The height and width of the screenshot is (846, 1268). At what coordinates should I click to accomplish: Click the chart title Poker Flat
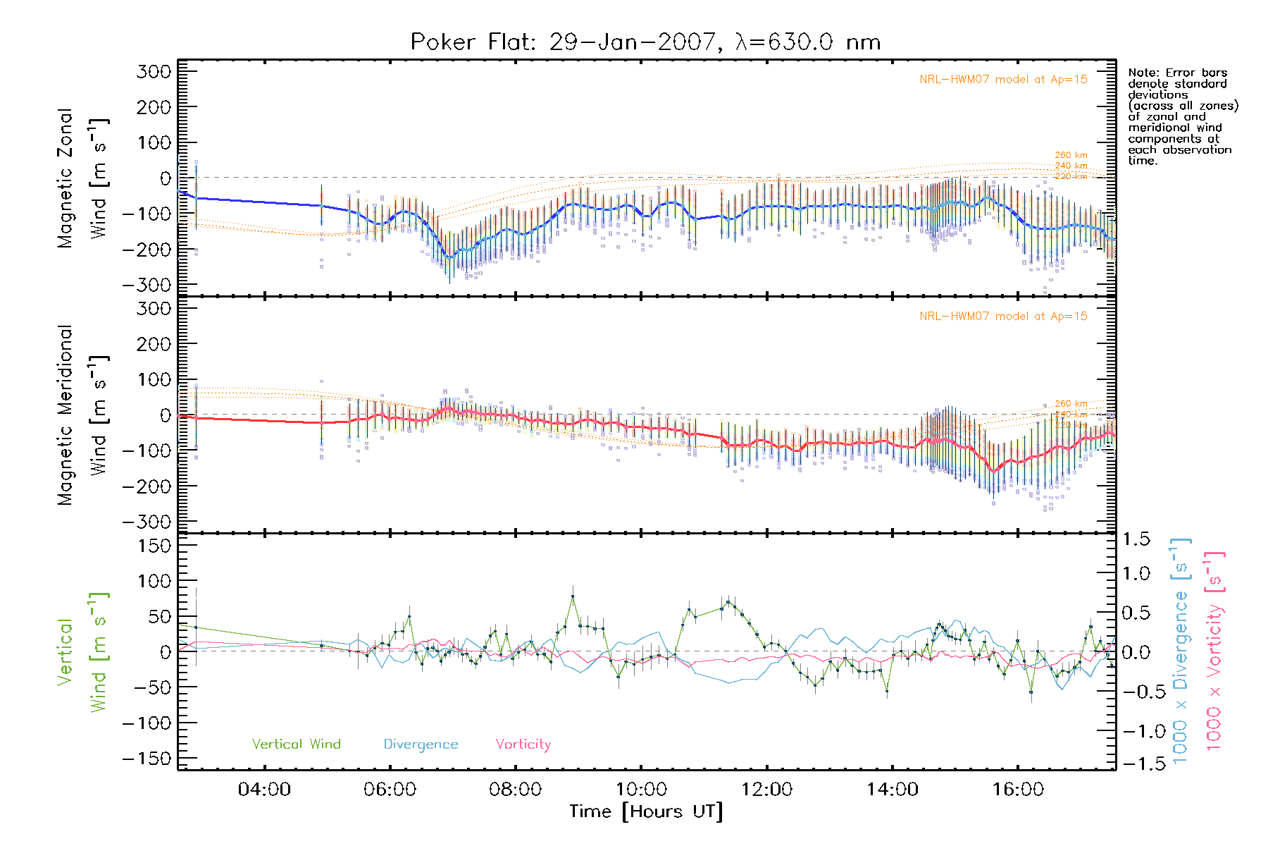[x=645, y=42]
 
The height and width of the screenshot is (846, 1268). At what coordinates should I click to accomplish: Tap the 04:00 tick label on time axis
[x=264, y=790]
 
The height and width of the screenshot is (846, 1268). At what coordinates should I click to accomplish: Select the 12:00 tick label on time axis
[x=766, y=790]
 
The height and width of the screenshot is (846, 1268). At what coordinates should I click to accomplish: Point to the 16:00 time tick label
[x=1018, y=790]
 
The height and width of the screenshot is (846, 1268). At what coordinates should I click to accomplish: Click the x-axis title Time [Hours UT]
[x=645, y=812]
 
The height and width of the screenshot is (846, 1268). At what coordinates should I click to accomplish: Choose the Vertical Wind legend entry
[x=296, y=744]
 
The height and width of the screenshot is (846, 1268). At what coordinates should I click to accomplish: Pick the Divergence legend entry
[x=421, y=744]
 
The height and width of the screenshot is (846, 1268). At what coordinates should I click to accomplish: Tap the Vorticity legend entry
[x=523, y=744]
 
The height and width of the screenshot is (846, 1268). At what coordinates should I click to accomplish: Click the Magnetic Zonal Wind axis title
[x=83, y=178]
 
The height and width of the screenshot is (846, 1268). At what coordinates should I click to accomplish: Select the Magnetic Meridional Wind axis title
[x=83, y=415]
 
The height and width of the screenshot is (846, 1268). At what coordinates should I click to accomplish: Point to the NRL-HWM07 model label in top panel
[x=1003, y=80]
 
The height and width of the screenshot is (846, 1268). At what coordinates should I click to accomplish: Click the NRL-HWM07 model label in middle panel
[x=1003, y=317]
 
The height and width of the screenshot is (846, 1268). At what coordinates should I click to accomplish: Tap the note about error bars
[x=1182, y=116]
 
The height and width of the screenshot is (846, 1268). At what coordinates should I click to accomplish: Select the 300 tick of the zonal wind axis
[x=154, y=72]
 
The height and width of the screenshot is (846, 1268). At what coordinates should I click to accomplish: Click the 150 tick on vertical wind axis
[x=154, y=546]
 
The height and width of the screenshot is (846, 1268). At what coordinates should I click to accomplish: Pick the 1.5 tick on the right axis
[x=1136, y=539]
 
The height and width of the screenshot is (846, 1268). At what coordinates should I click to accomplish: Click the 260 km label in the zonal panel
[x=1071, y=155]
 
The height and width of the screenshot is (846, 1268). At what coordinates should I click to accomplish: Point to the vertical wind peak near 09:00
[x=573, y=596]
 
